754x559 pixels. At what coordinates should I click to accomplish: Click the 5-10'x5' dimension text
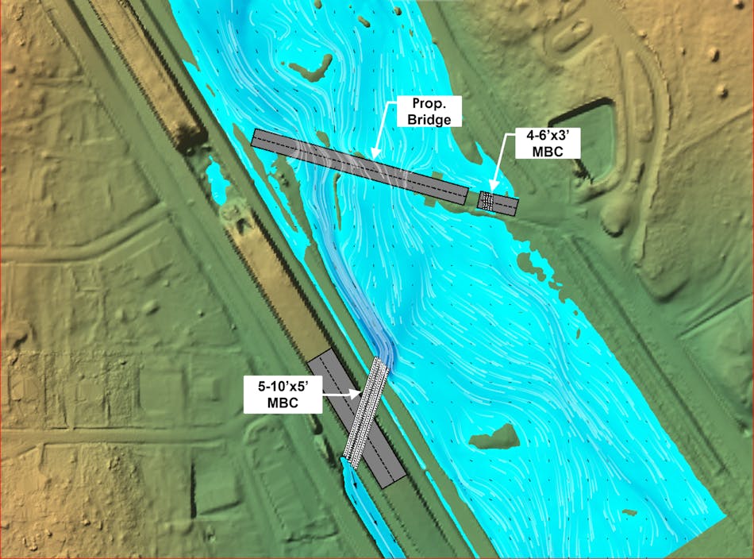282,387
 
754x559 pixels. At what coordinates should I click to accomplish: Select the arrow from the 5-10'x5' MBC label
341,392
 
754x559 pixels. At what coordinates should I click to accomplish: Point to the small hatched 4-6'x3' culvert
486,201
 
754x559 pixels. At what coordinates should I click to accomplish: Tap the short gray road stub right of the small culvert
506,206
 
